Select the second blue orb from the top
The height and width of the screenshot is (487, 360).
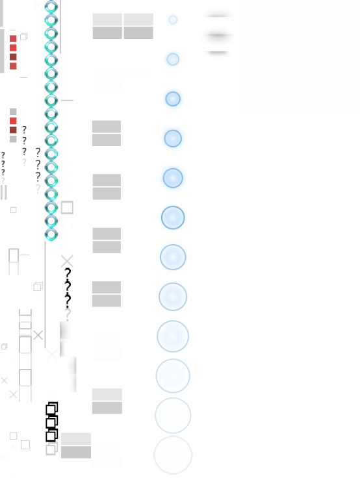point(173,59)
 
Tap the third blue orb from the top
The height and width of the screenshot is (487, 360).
point(173,99)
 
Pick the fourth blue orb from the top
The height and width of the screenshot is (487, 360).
point(173,138)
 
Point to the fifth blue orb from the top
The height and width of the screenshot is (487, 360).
point(173,178)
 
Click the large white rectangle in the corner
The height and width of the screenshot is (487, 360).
point(300,58)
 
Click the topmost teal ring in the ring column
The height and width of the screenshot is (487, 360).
point(51,6)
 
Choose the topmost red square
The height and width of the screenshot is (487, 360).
point(13,39)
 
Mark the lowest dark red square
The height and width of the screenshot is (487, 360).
point(13,130)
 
